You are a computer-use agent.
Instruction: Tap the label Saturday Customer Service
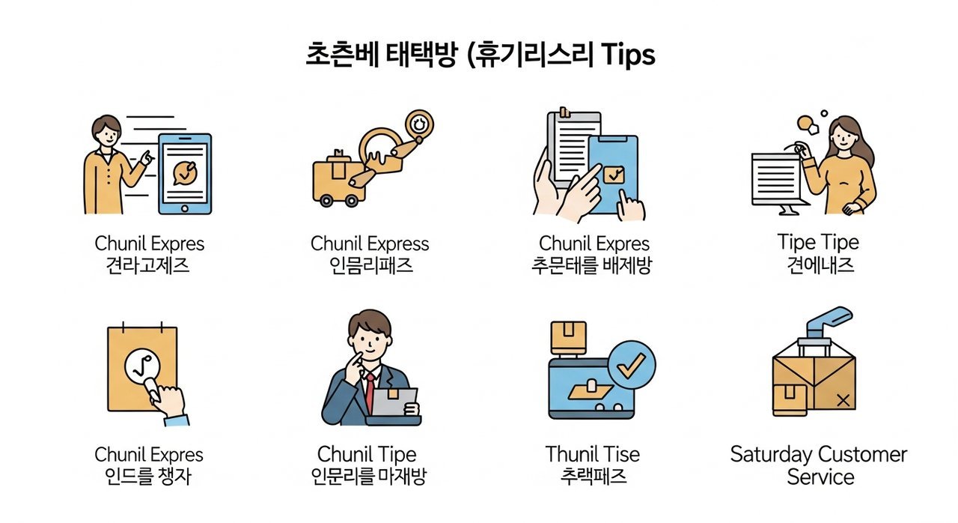pyautogui.click(x=818, y=465)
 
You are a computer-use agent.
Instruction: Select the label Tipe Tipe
pyautogui.click(x=818, y=242)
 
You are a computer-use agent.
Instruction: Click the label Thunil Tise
pyautogui.click(x=593, y=454)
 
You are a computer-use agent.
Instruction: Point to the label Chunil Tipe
pyautogui.click(x=367, y=454)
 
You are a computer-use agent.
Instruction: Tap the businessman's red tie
pyautogui.click(x=370, y=390)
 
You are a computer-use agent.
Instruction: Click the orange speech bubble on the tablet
pyautogui.click(x=184, y=172)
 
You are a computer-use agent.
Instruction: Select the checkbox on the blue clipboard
pyautogui.click(x=614, y=175)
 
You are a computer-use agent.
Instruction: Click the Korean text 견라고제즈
pyautogui.click(x=149, y=265)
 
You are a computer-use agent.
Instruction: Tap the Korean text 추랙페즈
pyautogui.click(x=593, y=477)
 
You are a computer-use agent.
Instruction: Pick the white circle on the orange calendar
pyautogui.click(x=141, y=368)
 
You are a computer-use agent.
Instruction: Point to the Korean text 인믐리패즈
pyautogui.click(x=370, y=265)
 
